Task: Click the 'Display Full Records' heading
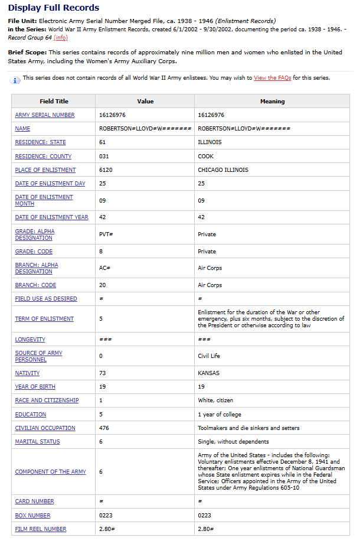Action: pyautogui.click(x=54, y=8)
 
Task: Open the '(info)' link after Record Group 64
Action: pyautogui.click(x=61, y=38)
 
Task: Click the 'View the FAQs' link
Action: pyautogui.click(x=273, y=78)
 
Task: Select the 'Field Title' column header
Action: pyautogui.click(x=54, y=101)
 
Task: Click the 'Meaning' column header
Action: pyautogui.click(x=272, y=101)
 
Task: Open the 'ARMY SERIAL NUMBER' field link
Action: pyautogui.click(x=45, y=115)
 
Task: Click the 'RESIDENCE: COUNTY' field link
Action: pyautogui.click(x=43, y=157)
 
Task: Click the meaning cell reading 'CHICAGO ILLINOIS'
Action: pyautogui.click(x=223, y=170)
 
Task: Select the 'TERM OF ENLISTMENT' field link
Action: pyautogui.click(x=44, y=319)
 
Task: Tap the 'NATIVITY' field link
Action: pyautogui.click(x=27, y=373)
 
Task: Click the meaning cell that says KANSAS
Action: pyautogui.click(x=208, y=373)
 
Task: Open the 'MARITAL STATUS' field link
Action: pyautogui.click(x=37, y=441)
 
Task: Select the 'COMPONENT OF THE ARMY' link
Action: pyautogui.click(x=50, y=472)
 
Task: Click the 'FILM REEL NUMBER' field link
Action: pyautogui.click(x=41, y=529)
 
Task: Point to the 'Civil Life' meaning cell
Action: pyautogui.click(x=210, y=356)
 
